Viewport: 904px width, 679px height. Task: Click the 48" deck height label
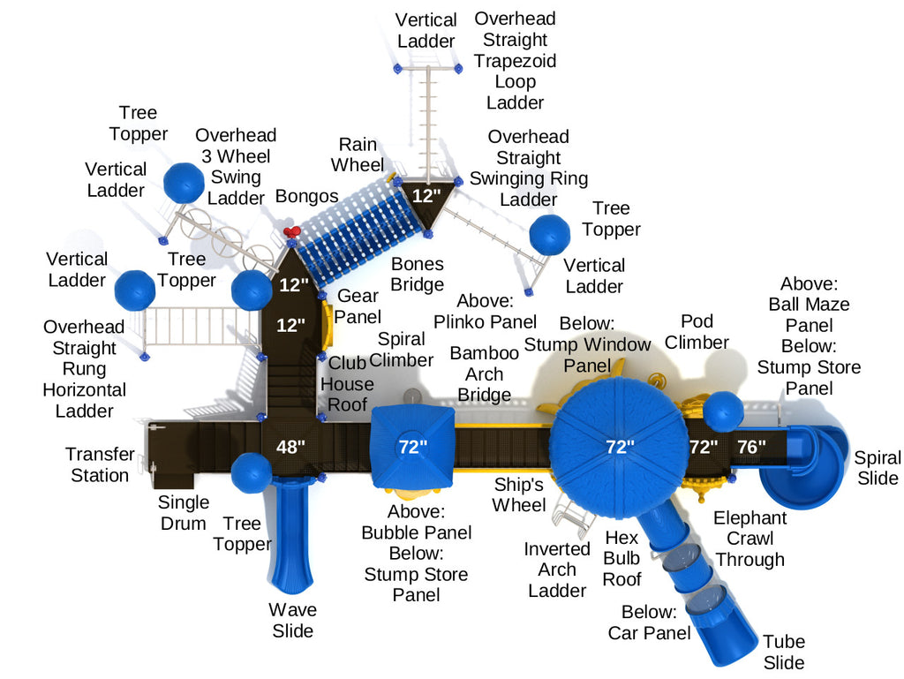[x=290, y=447]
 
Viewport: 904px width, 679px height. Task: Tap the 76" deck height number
[x=751, y=447]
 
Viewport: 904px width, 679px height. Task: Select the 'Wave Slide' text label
[x=292, y=620]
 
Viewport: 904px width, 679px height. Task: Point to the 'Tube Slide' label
[x=784, y=653]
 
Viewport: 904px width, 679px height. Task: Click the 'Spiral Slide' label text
[x=877, y=468]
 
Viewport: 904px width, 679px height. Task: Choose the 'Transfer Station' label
[x=100, y=464]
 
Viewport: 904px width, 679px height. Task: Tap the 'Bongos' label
[x=306, y=195]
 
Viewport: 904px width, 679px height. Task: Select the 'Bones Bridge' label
[x=418, y=274]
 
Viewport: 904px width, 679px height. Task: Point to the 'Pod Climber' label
[x=697, y=331]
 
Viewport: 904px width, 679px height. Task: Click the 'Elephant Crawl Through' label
[x=750, y=538]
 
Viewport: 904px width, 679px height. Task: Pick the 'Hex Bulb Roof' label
[x=622, y=557]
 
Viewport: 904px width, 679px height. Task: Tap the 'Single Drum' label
[x=184, y=512]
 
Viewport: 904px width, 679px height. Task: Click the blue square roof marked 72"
[x=411, y=447]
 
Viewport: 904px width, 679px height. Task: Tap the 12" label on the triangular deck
[x=426, y=196]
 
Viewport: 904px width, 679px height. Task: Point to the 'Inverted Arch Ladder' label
[x=557, y=570]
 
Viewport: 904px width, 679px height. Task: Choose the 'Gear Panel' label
[x=358, y=306]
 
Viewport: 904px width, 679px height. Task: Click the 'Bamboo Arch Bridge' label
[x=485, y=373]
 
